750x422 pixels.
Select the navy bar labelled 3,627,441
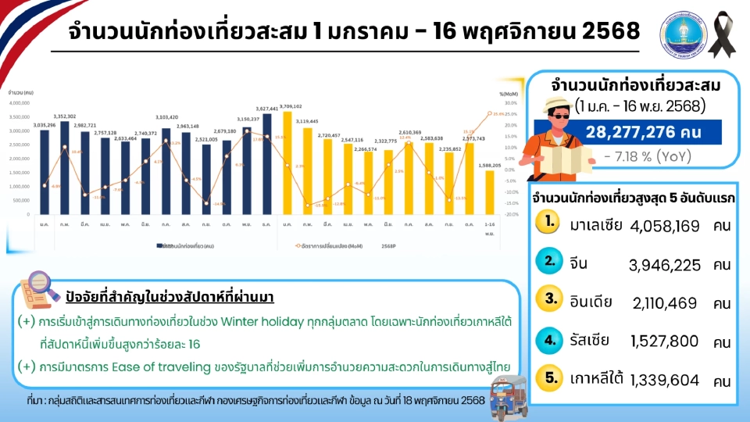pos(267,164)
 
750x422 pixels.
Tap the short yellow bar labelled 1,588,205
pos(490,192)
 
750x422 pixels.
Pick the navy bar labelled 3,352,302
pos(65,168)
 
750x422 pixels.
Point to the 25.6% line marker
pos(489,113)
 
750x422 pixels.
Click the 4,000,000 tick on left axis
pos(19,102)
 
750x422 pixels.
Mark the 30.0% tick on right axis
pos(510,102)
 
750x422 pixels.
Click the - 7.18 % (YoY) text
pos(648,156)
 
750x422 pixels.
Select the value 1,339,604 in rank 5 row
pos(663,381)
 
